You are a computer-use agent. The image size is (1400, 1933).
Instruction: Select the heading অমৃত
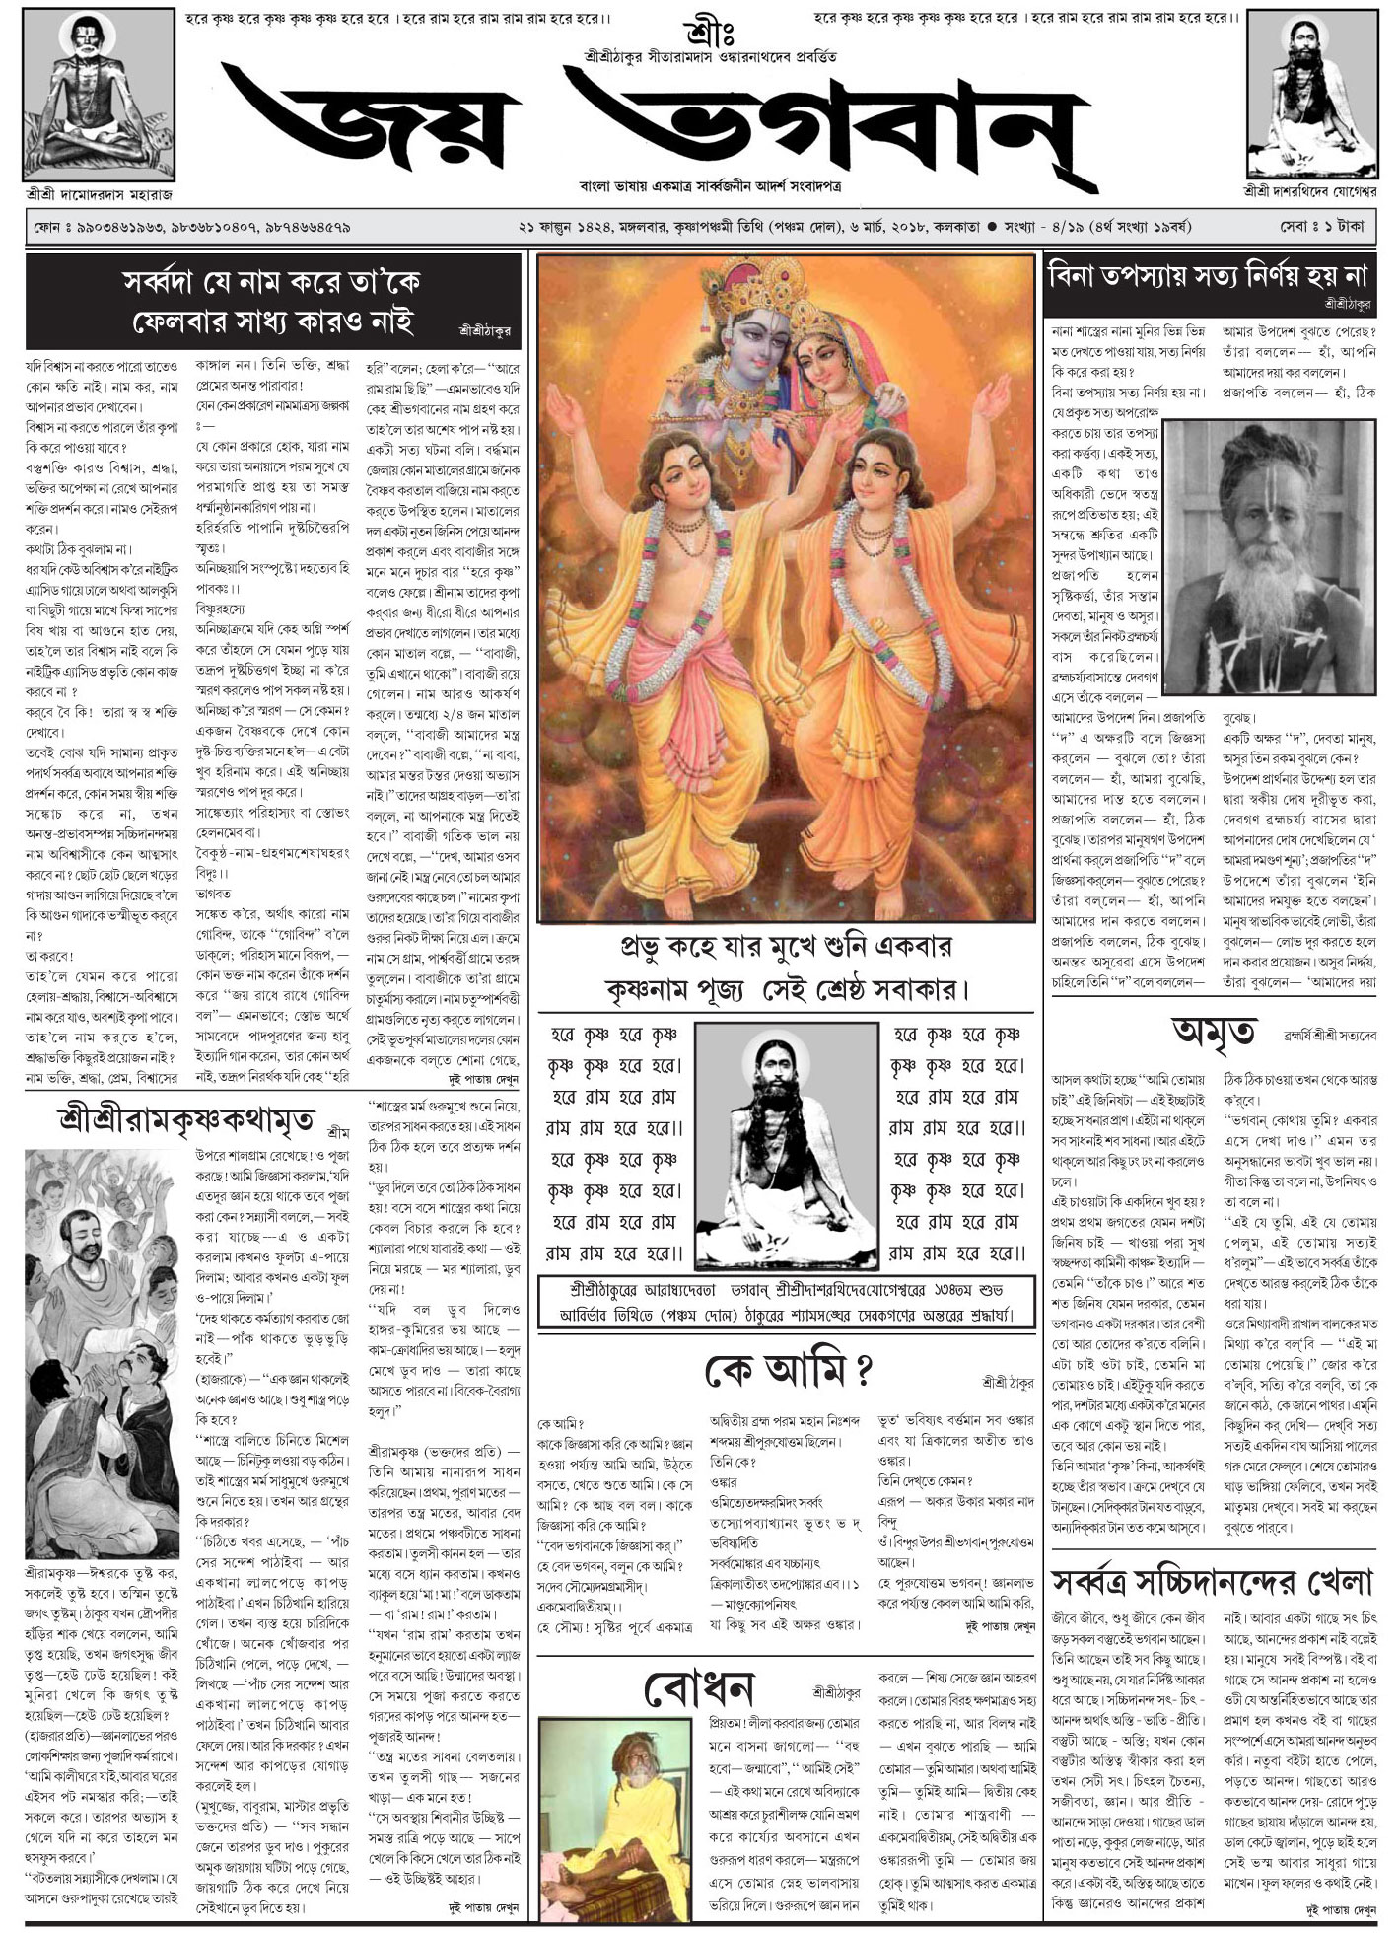tap(1213, 1035)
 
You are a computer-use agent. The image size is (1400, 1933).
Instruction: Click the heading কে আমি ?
tap(788, 1371)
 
